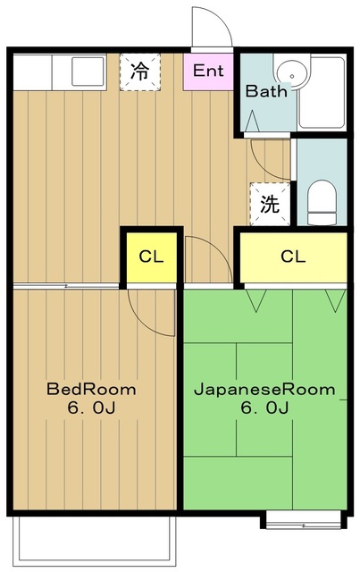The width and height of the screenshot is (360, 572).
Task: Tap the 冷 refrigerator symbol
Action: coord(140,71)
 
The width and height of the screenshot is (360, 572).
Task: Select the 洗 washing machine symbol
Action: coord(270,203)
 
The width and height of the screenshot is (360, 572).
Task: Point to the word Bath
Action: coord(265,91)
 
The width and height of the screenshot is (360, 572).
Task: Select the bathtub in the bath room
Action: coord(322,93)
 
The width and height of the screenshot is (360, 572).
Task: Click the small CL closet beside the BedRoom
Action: coord(152,257)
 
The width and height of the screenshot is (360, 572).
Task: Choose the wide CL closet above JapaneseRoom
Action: coord(293,257)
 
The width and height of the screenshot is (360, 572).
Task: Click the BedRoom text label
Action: coord(92,390)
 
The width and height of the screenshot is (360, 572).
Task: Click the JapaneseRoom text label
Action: coord(264,390)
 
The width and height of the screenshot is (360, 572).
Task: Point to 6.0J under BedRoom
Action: coord(92,409)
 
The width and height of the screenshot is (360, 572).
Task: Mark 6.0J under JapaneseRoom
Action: coord(264,409)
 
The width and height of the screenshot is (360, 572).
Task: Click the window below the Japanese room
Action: coord(303,518)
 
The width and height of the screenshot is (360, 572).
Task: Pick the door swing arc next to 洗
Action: coord(268,161)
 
